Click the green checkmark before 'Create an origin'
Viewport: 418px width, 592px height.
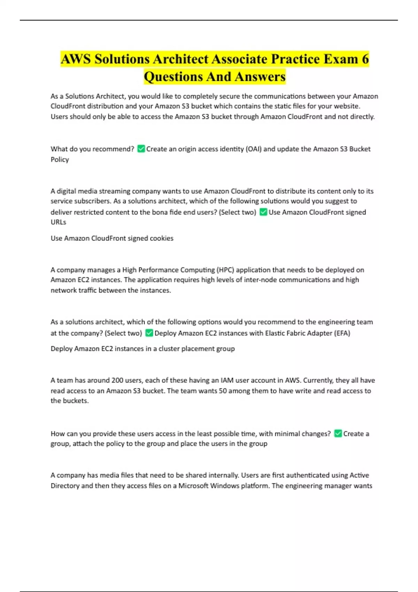(141, 149)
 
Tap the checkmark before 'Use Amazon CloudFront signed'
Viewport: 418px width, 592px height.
(263, 212)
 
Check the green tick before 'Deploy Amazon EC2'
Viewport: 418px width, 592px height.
(149, 333)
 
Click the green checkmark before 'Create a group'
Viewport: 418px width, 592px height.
(338, 434)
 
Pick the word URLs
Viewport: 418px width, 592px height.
(58, 222)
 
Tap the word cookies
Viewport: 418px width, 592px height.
(161, 238)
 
